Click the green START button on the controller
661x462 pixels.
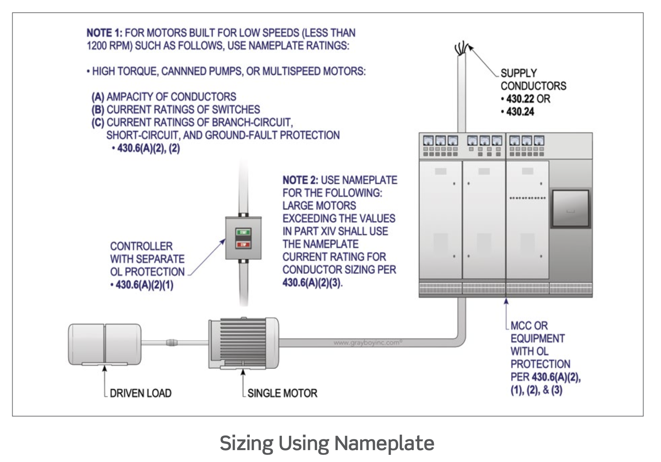(x=243, y=232)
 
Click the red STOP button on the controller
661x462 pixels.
(x=243, y=244)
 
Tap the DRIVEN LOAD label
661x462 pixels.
(x=141, y=393)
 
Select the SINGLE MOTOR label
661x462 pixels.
(x=282, y=393)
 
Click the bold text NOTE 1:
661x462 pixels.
(x=104, y=33)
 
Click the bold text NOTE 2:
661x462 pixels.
(x=300, y=180)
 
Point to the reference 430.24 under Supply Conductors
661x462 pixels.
(x=520, y=112)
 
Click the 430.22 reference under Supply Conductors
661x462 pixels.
(x=520, y=99)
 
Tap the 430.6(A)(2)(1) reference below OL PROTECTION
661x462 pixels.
(x=144, y=285)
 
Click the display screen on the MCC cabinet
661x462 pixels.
(x=570, y=209)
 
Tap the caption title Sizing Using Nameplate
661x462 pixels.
(x=327, y=443)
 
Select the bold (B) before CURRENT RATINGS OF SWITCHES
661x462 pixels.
(x=98, y=110)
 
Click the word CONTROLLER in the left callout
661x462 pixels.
(x=141, y=246)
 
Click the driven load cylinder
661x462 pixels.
(x=104, y=344)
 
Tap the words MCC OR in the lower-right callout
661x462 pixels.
(x=529, y=326)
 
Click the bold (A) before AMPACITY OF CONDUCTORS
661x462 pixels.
(x=98, y=97)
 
